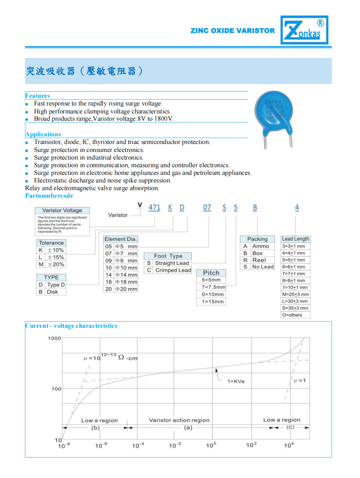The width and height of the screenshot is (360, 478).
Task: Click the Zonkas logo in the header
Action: tap(304, 30)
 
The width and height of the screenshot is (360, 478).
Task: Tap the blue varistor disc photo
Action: tap(274, 111)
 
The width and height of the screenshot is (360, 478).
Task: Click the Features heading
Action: tap(37, 96)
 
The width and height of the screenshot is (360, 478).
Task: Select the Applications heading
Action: tap(43, 134)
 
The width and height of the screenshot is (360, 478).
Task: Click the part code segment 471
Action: tap(154, 207)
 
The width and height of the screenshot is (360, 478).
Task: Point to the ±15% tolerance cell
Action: tap(56, 257)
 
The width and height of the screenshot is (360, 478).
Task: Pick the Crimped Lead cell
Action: tap(173, 270)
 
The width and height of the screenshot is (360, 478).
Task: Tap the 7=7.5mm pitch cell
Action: tap(213, 287)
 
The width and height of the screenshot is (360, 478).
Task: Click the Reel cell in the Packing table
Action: tap(259, 260)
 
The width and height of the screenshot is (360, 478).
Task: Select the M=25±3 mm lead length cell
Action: tap(295, 294)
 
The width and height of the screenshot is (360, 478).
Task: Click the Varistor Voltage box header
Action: tap(62, 210)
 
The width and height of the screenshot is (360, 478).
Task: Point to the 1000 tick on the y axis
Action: tap(55, 338)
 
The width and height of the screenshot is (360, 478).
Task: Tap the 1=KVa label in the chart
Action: tap(236, 381)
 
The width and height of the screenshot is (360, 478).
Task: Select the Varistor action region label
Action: tap(179, 420)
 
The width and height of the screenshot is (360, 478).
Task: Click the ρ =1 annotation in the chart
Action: tap(300, 381)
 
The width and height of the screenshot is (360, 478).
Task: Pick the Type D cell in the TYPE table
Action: tap(56, 285)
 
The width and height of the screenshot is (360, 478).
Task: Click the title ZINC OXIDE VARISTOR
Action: tap(232, 31)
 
